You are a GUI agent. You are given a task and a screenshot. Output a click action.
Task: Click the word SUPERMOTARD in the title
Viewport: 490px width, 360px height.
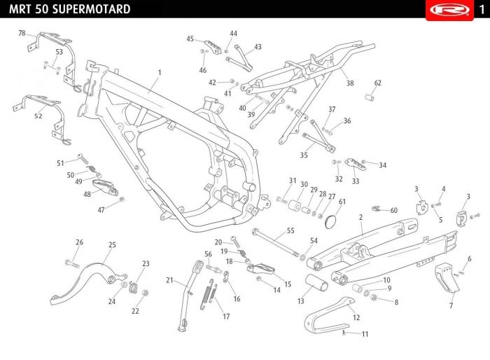click(x=92, y=9)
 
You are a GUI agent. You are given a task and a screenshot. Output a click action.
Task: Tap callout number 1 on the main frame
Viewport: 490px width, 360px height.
click(x=160, y=73)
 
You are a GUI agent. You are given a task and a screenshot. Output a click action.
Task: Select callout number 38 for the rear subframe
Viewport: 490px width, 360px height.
click(x=350, y=83)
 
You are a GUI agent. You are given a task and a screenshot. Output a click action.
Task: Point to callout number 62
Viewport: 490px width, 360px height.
click(x=378, y=83)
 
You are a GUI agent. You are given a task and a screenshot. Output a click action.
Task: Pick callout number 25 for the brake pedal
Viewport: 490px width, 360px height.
click(x=112, y=244)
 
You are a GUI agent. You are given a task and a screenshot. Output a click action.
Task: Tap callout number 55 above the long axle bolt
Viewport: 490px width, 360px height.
click(x=290, y=230)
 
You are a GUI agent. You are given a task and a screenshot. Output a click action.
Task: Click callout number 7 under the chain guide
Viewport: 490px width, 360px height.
click(x=451, y=306)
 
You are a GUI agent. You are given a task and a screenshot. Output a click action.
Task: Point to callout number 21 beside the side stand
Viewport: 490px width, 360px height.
click(x=169, y=280)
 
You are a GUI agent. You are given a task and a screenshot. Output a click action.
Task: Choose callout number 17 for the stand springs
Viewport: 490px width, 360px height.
click(x=226, y=317)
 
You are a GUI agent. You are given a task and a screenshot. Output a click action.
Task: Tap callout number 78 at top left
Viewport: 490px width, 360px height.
click(x=22, y=34)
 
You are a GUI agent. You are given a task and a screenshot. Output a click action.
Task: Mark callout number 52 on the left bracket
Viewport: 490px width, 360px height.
click(x=38, y=116)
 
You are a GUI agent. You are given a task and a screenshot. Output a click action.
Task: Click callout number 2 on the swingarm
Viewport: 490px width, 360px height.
click(x=360, y=218)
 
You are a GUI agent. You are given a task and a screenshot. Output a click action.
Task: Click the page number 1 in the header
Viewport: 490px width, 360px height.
click(x=482, y=9)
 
